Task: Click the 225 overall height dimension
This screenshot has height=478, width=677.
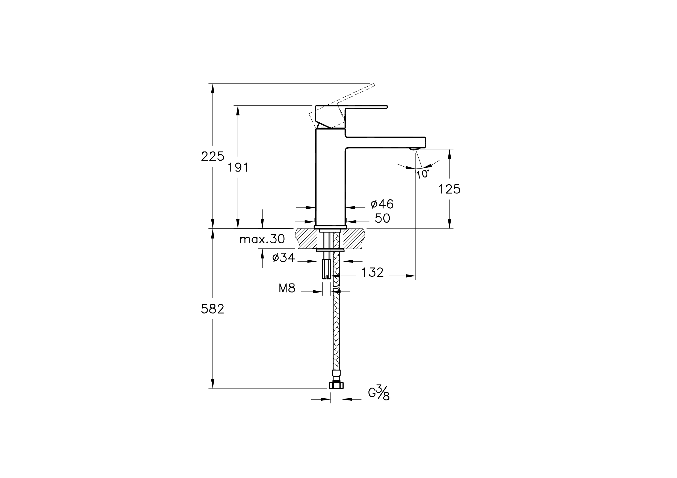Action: tap(212, 156)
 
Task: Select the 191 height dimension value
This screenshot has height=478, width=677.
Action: tap(238, 168)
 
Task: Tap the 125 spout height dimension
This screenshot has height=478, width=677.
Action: tap(449, 189)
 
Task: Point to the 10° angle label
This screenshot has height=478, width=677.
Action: tap(422, 174)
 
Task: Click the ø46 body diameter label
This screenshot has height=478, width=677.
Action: tap(382, 204)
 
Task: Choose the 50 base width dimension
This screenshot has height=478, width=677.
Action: tap(382, 218)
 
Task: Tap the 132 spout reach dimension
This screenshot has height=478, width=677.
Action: tap(373, 273)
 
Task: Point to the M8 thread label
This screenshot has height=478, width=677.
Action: tap(287, 288)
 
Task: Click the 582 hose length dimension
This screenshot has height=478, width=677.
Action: tap(212, 309)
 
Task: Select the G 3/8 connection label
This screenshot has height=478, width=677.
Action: tap(379, 393)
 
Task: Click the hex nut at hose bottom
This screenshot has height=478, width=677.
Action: tap(336, 385)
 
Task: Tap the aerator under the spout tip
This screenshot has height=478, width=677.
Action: tap(414, 149)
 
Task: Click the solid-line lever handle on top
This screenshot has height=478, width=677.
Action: tap(351, 116)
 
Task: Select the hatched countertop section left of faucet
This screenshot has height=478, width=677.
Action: tap(307, 238)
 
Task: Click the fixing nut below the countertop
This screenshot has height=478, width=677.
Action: tap(330, 250)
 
